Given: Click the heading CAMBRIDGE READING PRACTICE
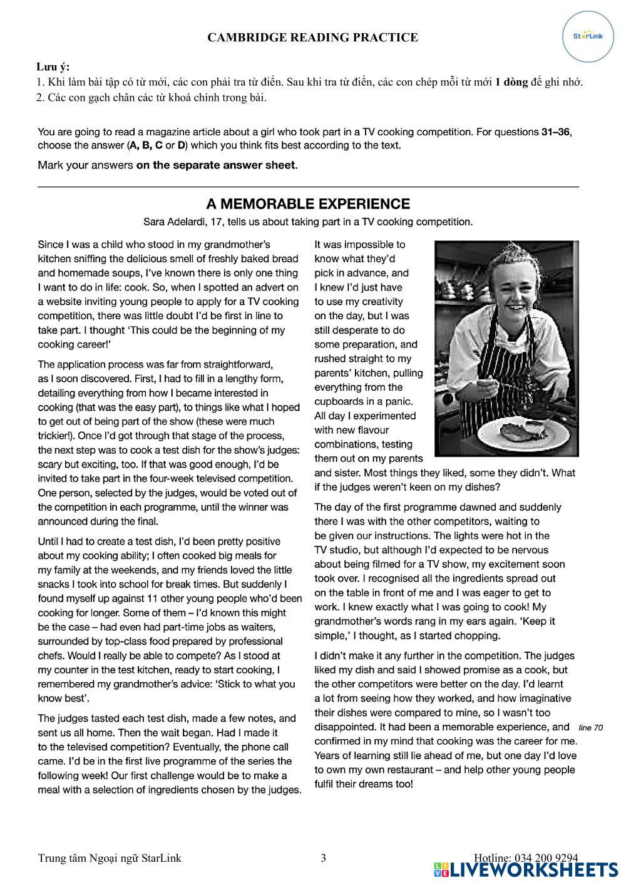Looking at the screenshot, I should pos(312,38).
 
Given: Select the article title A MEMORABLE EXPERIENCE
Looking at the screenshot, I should pos(308,204).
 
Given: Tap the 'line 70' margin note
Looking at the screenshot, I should pos(590,728).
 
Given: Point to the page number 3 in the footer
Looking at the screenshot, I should pos(323,858).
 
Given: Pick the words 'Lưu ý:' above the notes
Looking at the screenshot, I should pos(53,67).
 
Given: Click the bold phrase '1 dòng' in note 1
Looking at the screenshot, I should pos(511,82).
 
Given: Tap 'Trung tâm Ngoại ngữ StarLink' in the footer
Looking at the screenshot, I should pos(110,858).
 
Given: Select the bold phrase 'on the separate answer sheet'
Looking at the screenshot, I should pos(216,165).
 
